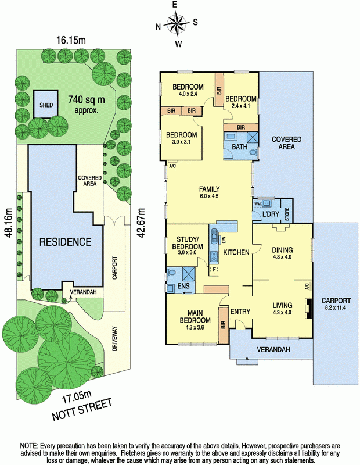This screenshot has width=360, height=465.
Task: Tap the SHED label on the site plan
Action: pyautogui.click(x=46, y=105)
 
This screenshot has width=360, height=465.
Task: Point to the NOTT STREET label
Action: pyautogui.click(x=82, y=410)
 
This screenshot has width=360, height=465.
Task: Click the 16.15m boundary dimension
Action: pyautogui.click(x=69, y=40)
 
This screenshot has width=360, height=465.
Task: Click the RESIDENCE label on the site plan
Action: pyautogui.click(x=65, y=242)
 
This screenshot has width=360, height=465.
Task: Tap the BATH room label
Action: pyautogui.click(x=239, y=147)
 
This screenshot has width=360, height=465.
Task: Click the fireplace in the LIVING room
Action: pyautogui.click(x=308, y=308)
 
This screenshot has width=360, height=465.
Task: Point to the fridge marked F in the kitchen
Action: pyautogui.click(x=214, y=270)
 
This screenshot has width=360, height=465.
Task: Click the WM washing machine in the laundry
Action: pyautogui.click(x=257, y=203)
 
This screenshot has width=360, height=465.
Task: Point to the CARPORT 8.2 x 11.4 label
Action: pyautogui.click(x=336, y=303)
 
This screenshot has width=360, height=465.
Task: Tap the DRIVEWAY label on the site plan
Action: pyautogui.click(x=115, y=339)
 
